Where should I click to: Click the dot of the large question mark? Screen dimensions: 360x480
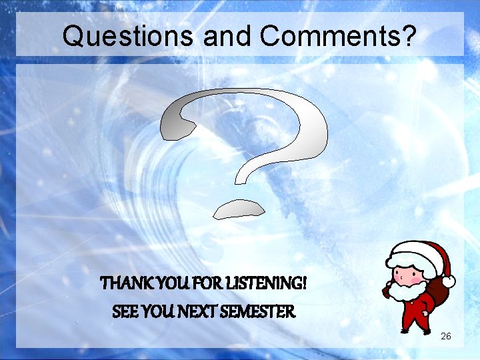click(x=239, y=208)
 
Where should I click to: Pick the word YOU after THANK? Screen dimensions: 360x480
click(x=161, y=284)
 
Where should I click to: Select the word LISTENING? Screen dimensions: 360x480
click(x=260, y=284)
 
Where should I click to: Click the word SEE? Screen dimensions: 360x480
click(x=125, y=311)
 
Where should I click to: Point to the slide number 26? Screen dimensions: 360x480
click(x=446, y=336)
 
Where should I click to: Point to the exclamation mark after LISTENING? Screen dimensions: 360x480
click(x=304, y=284)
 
